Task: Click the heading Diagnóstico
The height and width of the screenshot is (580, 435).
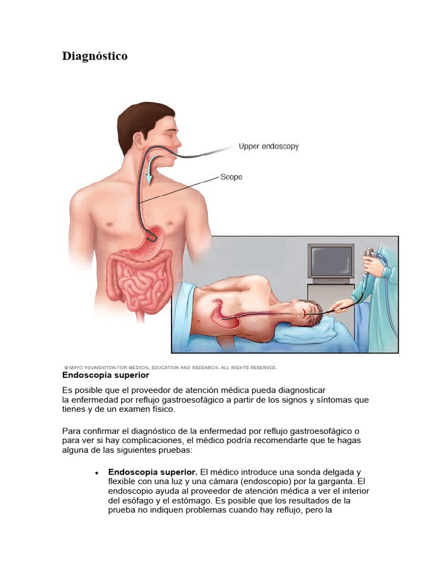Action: click(95, 56)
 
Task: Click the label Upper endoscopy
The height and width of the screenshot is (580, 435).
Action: click(268, 146)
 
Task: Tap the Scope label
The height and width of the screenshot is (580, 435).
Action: click(231, 177)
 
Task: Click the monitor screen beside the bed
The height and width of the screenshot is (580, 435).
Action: click(330, 262)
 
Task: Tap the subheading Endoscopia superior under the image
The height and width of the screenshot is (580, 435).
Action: click(105, 375)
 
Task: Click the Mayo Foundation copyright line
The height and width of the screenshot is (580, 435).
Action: click(170, 368)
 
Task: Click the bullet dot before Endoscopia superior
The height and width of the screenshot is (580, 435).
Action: click(97, 472)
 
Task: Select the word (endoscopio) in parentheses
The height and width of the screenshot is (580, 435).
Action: click(266, 481)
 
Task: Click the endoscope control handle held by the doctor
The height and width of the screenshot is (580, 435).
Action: click(369, 255)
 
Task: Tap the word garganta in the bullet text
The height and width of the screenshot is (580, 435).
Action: click(333, 481)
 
